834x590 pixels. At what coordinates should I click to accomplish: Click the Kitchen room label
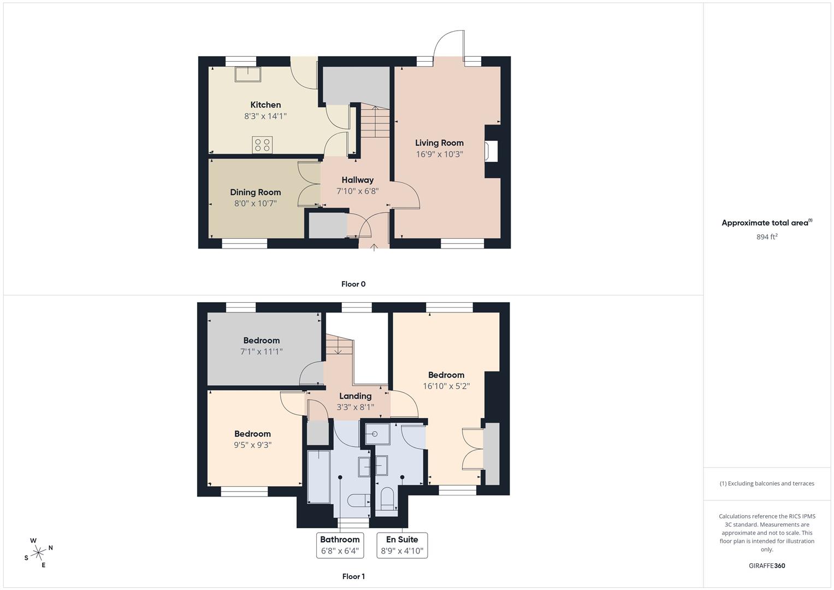pos(265,105)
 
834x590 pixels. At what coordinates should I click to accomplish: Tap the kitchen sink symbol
pos(247,74)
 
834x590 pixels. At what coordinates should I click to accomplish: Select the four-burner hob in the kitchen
pos(262,145)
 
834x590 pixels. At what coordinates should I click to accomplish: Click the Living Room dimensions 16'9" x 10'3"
pos(439,154)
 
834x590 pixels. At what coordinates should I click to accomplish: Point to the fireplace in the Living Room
pos(492,151)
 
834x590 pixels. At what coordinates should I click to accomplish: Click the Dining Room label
pos(256,192)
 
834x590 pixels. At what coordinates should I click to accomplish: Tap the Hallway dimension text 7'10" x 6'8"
pos(357,191)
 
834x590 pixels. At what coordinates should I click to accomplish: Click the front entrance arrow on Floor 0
pos(374,247)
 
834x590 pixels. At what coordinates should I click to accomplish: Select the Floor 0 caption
pos(353,284)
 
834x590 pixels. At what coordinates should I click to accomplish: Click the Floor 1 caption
pos(353,576)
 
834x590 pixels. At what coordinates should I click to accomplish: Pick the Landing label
pos(355,396)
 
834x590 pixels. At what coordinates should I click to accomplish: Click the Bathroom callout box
pos(340,545)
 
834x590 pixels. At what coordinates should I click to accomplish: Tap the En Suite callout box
pos(402,545)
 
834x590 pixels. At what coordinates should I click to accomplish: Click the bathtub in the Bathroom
pos(319,476)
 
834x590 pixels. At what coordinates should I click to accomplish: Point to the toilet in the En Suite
pos(387,499)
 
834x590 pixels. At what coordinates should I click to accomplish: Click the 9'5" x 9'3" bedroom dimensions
pos(252,445)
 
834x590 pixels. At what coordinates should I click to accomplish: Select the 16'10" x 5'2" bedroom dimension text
pos(446,386)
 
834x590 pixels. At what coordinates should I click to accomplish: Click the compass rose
pos(38,552)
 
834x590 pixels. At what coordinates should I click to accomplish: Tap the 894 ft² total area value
pos(767,237)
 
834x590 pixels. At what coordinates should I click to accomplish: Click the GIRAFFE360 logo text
pos(767,565)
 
